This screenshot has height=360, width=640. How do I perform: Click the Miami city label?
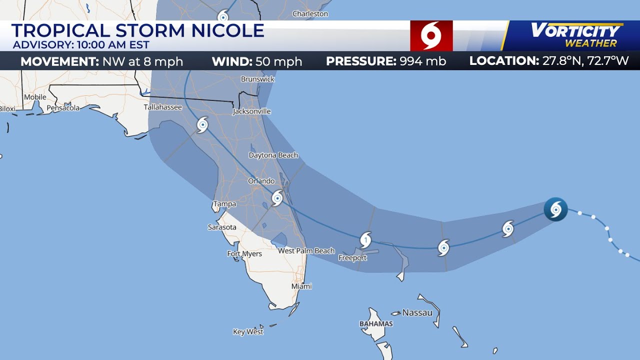point(301,286)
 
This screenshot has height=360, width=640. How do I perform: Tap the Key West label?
point(248,331)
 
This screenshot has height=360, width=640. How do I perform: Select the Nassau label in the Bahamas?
point(417,312)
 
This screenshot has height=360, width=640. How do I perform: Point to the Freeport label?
point(352,258)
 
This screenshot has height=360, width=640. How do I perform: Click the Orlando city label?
point(261,181)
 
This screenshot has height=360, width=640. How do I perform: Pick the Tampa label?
point(224,204)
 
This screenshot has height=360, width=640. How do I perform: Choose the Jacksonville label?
point(251,111)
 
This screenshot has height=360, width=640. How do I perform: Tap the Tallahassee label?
point(162,107)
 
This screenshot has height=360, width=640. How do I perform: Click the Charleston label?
point(310,13)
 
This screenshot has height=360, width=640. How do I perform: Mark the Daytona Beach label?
point(273,155)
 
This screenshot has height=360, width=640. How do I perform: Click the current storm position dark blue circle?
point(555,209)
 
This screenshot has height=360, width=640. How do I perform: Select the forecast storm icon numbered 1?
point(366,239)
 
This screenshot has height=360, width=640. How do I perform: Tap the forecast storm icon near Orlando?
point(277,198)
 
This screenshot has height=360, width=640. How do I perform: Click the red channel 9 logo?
point(431,36)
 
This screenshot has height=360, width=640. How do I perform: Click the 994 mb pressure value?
point(422,61)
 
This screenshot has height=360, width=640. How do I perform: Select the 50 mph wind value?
point(278,61)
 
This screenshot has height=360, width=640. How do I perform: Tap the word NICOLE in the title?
point(227,31)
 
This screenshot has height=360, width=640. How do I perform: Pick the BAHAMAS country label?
point(376,324)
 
